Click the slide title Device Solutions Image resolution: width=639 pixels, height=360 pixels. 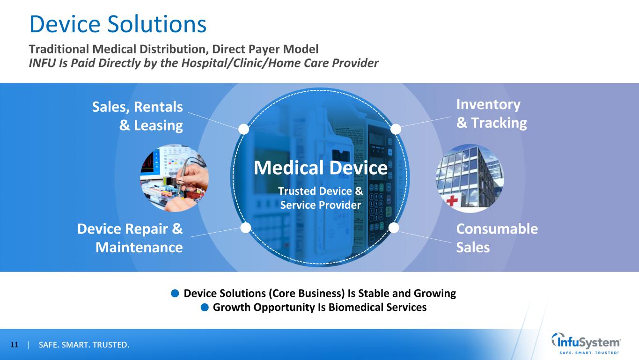(x=118, y=24)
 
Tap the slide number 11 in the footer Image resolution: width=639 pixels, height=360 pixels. (x=14, y=345)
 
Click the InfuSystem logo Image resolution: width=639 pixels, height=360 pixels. (x=586, y=344)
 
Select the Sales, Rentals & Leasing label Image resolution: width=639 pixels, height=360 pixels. (x=138, y=116)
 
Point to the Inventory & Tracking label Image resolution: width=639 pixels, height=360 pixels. (x=492, y=114)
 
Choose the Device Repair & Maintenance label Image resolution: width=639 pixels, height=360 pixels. (x=130, y=238)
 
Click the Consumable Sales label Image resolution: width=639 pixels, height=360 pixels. (x=497, y=238)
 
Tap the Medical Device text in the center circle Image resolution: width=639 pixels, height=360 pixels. (x=321, y=168)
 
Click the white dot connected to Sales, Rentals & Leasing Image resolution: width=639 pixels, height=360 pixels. (x=243, y=129)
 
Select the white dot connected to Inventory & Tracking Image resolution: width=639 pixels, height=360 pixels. (x=396, y=129)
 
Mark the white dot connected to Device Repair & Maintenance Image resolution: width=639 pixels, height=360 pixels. (x=246, y=228)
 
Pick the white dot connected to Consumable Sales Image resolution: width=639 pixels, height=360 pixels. (x=394, y=228)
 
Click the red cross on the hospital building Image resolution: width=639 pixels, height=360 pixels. (x=452, y=200)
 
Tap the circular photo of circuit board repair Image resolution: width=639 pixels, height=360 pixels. (x=174, y=178)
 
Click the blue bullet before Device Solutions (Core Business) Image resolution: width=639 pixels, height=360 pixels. (x=175, y=293)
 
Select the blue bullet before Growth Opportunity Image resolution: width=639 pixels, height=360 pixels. (x=205, y=307)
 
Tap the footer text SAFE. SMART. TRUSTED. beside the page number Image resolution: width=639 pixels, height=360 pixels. (x=84, y=345)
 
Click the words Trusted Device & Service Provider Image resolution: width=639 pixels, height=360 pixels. (x=321, y=198)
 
